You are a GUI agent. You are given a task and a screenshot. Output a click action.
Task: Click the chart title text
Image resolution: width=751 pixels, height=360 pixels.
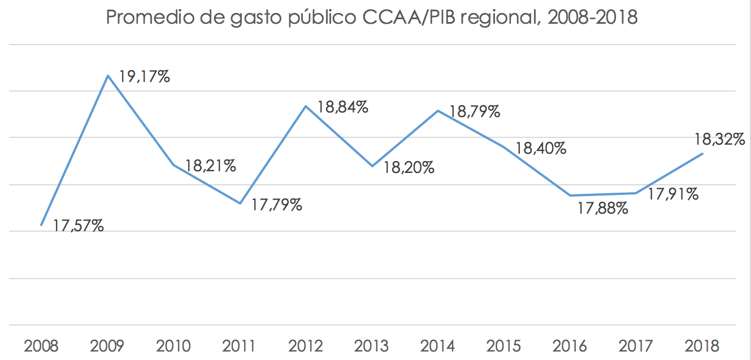pyautogui.click(x=371, y=18)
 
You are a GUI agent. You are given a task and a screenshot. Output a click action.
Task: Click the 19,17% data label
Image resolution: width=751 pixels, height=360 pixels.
pyautogui.click(x=145, y=77)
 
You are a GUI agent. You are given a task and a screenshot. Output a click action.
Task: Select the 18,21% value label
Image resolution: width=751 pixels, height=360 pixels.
pyautogui.click(x=210, y=166)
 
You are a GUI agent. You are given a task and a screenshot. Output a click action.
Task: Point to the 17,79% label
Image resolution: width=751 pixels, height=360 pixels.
pyautogui.click(x=276, y=205)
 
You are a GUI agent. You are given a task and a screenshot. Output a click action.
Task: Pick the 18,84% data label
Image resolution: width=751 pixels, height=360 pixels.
pyautogui.click(x=342, y=107)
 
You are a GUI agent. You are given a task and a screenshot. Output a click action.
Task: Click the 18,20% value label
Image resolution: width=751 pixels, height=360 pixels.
pyautogui.click(x=409, y=167)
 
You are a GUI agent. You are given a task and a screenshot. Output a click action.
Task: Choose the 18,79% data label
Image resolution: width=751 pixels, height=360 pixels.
pyautogui.click(x=475, y=111)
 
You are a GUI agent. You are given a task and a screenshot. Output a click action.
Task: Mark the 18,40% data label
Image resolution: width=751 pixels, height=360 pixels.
pyautogui.click(x=541, y=149)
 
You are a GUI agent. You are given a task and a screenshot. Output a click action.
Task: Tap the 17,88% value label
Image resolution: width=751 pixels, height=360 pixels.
pyautogui.click(x=602, y=209)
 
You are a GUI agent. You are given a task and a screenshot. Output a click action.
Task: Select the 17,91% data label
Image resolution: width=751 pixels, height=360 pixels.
pyautogui.click(x=673, y=194)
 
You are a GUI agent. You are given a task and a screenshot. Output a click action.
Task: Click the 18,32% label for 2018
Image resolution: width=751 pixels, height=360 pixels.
pyautogui.click(x=719, y=139)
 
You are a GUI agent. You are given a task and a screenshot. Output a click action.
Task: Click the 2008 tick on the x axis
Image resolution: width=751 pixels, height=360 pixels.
pyautogui.click(x=41, y=345)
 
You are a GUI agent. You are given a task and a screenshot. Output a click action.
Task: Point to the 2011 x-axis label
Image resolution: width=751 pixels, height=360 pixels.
pyautogui.click(x=239, y=345)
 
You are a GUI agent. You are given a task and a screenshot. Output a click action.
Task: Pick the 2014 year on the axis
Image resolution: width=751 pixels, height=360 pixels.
pyautogui.click(x=438, y=345)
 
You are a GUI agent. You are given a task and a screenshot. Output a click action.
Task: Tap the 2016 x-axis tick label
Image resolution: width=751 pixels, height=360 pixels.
pyautogui.click(x=570, y=345)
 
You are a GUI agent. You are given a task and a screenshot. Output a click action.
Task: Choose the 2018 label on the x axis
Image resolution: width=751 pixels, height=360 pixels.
pyautogui.click(x=702, y=345)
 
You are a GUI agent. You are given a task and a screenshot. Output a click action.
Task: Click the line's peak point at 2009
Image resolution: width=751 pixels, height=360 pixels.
pyautogui.click(x=107, y=75)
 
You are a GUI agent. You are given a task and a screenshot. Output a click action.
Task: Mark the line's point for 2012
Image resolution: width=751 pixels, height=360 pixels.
pyautogui.click(x=306, y=106)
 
